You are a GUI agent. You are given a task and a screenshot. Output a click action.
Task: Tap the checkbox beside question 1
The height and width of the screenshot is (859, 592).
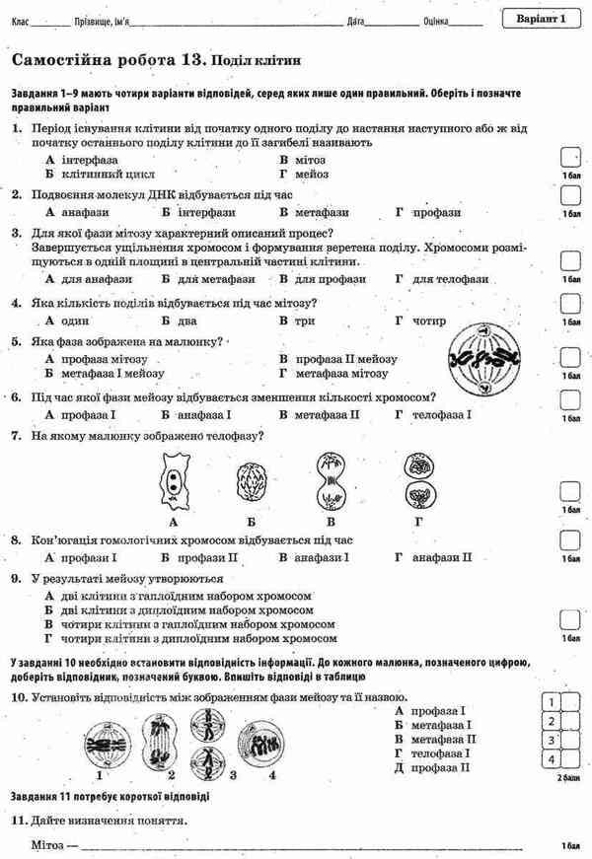coord(570,158)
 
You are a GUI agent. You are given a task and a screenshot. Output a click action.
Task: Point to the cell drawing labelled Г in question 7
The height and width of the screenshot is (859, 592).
coord(419,480)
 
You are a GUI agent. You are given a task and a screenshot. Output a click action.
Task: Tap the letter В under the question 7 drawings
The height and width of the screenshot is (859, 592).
coord(332,521)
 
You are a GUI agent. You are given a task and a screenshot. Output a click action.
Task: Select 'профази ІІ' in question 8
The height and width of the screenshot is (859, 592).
coord(206,557)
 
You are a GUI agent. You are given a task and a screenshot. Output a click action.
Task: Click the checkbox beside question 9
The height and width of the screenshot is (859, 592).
coord(570,619)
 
